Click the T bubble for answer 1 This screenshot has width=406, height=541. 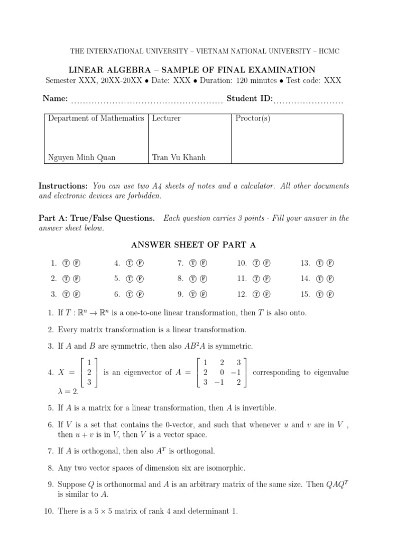click(67, 263)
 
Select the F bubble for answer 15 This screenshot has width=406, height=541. click(330, 294)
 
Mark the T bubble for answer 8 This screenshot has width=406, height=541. click(193, 278)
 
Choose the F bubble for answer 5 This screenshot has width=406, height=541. click(140, 278)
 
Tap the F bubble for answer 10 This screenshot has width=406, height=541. click(266, 263)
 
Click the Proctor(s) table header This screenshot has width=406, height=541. click(253, 118)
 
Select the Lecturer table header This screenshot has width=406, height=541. click(166, 118)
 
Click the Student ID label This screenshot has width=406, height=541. click(250, 98)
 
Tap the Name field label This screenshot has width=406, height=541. click(55, 98)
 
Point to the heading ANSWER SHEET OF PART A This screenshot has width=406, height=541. click(193, 244)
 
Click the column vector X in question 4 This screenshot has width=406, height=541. click(89, 372)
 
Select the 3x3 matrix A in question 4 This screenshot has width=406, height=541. click(222, 372)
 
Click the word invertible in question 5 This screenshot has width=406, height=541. click(257, 408)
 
